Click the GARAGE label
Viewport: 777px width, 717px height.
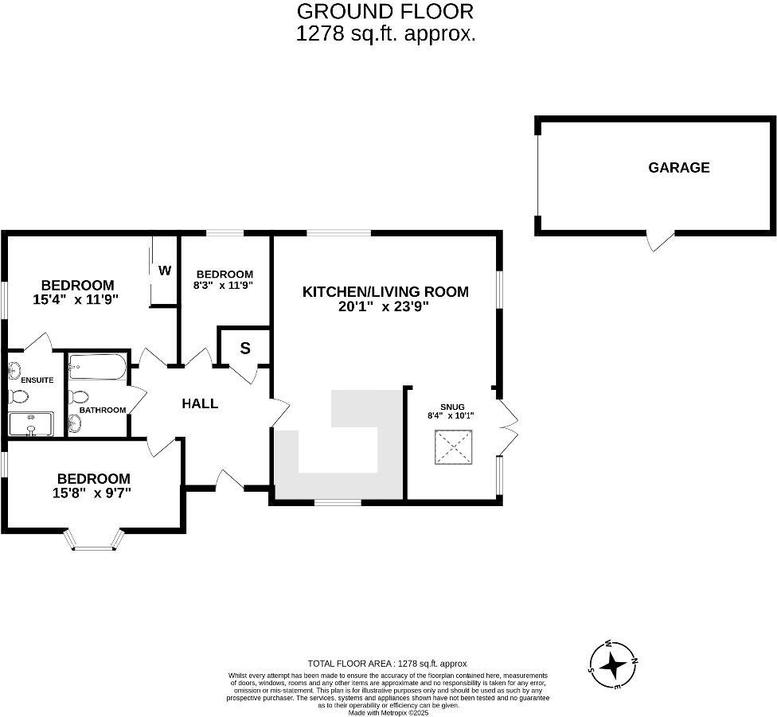coord(678,168)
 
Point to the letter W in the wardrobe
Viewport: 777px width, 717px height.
coord(164,271)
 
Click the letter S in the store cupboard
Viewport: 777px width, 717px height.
coord(244,348)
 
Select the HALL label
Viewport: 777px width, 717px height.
coord(200,403)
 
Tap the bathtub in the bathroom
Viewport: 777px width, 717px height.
coord(96,367)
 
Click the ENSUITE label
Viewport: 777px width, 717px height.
coord(37,380)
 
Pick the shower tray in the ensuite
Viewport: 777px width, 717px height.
coord(31,423)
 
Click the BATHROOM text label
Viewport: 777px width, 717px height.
coord(103,411)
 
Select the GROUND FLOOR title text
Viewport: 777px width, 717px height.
coord(385,11)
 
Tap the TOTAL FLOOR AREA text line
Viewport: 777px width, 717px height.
coord(387,663)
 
